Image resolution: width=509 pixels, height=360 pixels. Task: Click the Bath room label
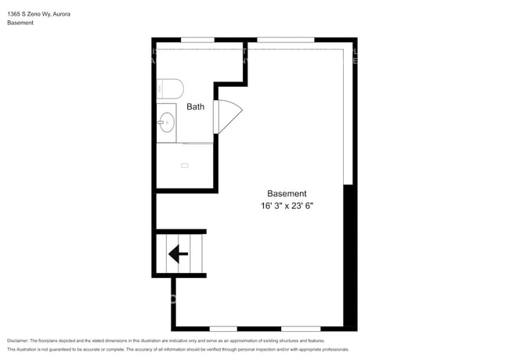click(x=195, y=106)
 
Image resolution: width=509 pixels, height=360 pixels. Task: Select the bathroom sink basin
click(x=166, y=121)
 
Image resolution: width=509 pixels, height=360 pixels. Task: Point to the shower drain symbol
click(x=185, y=165)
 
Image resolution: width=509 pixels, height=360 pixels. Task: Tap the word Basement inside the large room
click(x=287, y=193)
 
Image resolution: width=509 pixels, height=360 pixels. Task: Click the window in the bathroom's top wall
click(x=197, y=39)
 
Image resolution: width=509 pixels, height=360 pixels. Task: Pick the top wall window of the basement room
click(x=285, y=39)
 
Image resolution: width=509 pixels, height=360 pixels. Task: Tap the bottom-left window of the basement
click(x=223, y=328)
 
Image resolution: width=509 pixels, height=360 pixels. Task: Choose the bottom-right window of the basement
click(x=301, y=328)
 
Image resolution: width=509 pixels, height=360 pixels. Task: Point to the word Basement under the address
click(x=20, y=23)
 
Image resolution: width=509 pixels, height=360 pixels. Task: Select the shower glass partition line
click(x=197, y=144)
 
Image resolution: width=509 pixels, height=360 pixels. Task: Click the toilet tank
click(x=160, y=87)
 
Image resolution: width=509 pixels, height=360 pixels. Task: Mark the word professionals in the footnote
click(x=333, y=349)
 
